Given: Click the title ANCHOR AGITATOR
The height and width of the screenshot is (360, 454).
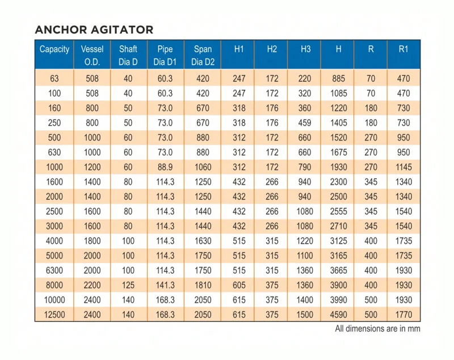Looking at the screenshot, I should (x=94, y=29).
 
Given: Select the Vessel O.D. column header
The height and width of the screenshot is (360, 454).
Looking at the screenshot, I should (x=92, y=55).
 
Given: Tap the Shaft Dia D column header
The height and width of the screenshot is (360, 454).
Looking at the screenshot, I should (x=128, y=55).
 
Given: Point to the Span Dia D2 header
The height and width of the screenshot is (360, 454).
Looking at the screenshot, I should (x=203, y=55).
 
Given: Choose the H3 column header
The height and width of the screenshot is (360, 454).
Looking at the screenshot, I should (x=305, y=49).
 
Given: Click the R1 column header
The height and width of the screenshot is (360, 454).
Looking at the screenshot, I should (x=403, y=49).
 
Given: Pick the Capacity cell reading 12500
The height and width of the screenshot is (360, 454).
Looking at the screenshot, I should (x=54, y=315).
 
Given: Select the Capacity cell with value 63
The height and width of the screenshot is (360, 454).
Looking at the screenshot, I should (x=54, y=79).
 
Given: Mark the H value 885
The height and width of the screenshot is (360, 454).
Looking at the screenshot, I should (x=338, y=79).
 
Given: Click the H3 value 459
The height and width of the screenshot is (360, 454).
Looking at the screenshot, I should (x=305, y=123).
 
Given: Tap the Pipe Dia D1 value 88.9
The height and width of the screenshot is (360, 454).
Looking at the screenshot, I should (x=165, y=167).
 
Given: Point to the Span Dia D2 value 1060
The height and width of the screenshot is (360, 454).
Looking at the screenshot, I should (x=203, y=167).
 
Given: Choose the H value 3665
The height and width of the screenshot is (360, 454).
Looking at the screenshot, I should (x=338, y=270).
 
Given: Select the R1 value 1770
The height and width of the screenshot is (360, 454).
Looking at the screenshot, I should (x=403, y=315).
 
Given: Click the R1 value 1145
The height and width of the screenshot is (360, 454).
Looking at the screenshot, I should (x=403, y=167).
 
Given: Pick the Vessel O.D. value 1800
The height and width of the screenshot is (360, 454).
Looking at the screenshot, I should (x=92, y=241).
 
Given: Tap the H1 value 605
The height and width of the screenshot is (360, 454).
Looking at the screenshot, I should (x=239, y=285).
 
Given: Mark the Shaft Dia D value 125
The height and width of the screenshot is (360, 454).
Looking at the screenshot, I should (x=128, y=285).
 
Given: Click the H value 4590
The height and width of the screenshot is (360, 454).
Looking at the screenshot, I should (x=338, y=315).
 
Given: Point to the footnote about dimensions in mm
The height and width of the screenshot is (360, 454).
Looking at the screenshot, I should (x=377, y=329).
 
